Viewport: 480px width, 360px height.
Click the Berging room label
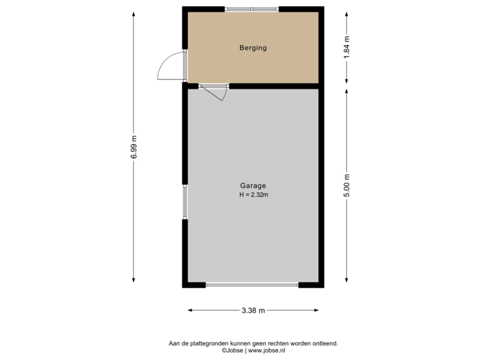[253, 48]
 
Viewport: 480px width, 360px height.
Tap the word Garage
[253, 186]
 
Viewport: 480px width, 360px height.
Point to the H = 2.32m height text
[253, 195]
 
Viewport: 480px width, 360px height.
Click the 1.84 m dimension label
[346, 48]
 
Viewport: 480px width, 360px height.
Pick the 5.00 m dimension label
[346, 185]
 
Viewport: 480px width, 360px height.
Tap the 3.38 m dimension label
[253, 310]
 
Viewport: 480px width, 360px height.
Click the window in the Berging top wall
[252, 9]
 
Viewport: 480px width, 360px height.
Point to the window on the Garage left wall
[185, 202]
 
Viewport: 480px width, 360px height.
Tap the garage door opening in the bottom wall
[252, 285]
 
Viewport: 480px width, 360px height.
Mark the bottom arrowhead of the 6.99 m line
[133, 284]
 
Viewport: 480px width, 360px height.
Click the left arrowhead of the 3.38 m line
[189, 310]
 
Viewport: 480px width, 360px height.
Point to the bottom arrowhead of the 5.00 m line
[346, 283]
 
